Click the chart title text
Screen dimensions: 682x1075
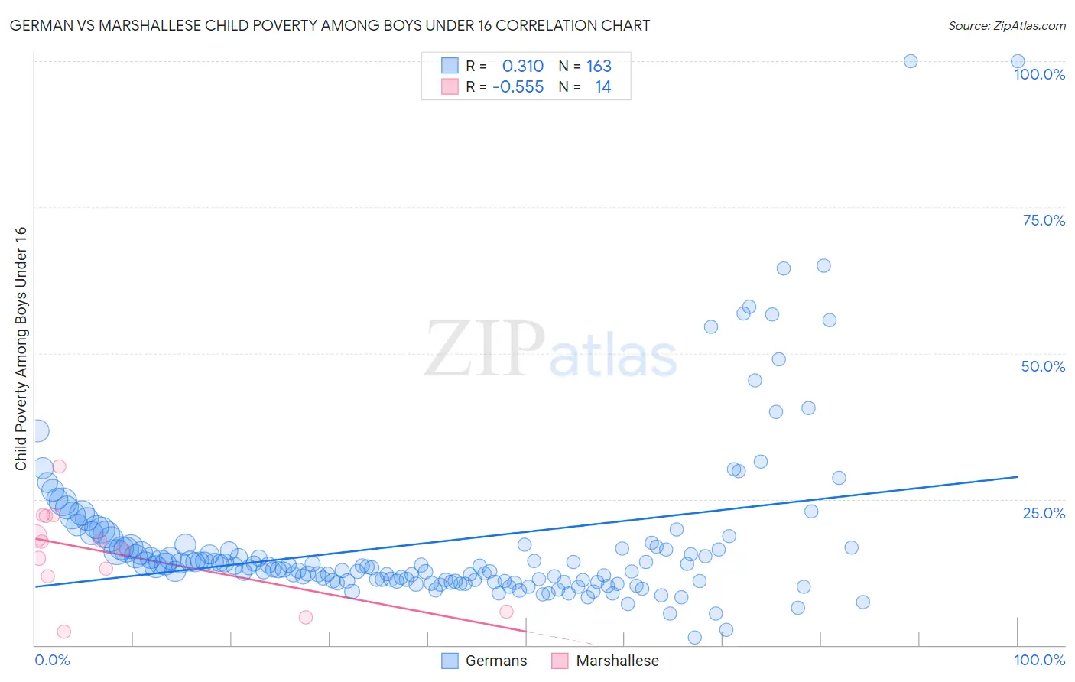[x=330, y=25]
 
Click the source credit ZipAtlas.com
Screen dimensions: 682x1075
[x=1006, y=25]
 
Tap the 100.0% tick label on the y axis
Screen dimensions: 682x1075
[x=1039, y=74]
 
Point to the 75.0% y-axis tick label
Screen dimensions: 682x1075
[x=1044, y=220]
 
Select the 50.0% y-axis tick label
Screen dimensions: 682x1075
[x=1043, y=366]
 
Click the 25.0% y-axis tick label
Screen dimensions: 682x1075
[x=1044, y=512]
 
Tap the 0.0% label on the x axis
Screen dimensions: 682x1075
[x=52, y=660]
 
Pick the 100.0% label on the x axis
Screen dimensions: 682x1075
[x=1039, y=660]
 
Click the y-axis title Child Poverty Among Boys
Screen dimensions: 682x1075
[x=21, y=349]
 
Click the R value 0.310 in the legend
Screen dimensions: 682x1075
[x=522, y=67]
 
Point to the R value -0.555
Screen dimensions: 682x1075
[x=518, y=87]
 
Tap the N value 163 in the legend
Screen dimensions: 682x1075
[x=599, y=67]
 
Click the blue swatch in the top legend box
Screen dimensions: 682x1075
[x=450, y=67]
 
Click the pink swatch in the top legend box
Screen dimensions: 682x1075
[x=450, y=87]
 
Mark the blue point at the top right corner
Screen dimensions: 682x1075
[x=1017, y=61]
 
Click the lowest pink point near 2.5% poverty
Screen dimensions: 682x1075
[x=64, y=632]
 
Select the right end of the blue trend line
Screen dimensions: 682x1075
[x=1017, y=476]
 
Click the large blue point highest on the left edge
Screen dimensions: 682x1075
[x=36, y=430]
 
